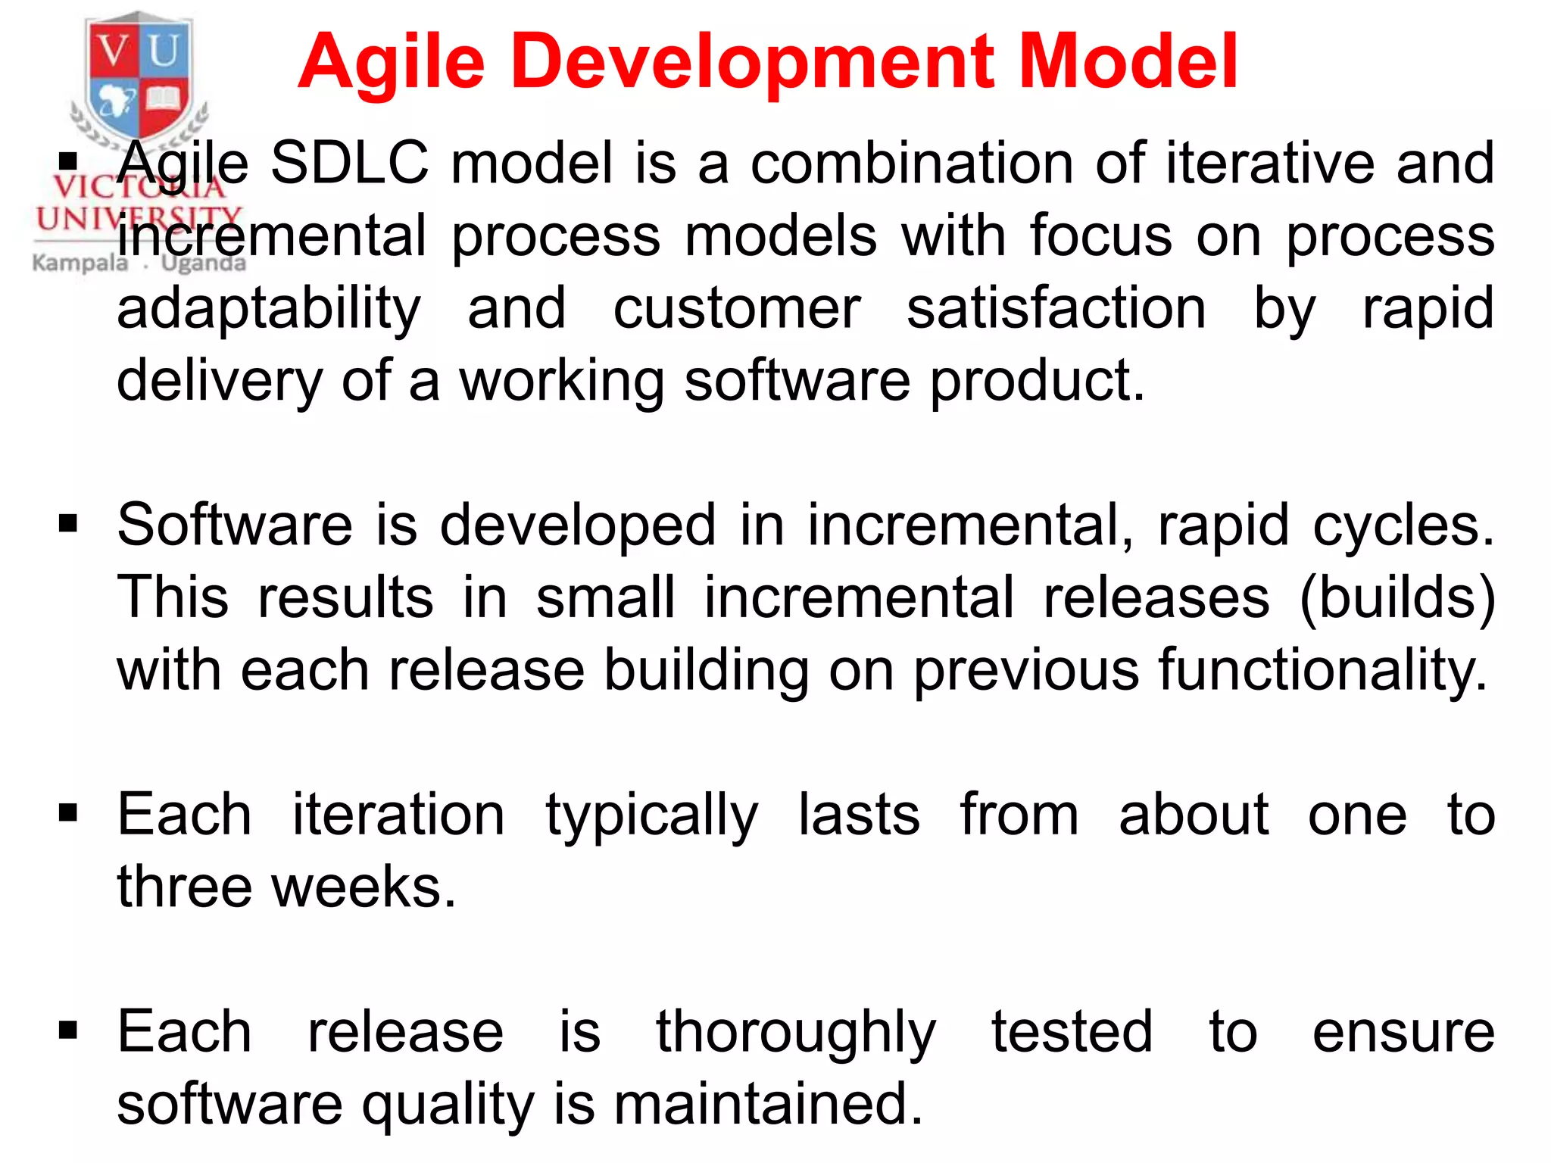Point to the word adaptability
click(x=269, y=309)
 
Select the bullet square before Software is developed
click(x=68, y=523)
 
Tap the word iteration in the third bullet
click(x=398, y=815)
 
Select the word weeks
click(x=364, y=887)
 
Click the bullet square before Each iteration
click(x=68, y=813)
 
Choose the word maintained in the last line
click(x=768, y=1104)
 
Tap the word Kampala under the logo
click(x=80, y=263)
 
